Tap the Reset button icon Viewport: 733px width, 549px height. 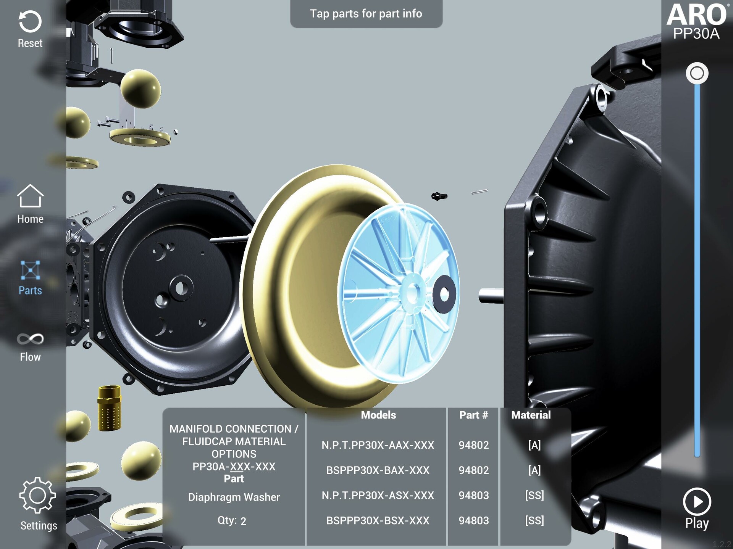point(30,21)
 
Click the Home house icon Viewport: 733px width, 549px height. point(30,196)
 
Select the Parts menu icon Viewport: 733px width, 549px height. point(30,270)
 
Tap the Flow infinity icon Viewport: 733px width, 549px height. point(30,339)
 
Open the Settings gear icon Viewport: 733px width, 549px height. point(37,495)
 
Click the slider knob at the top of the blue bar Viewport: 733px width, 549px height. point(697,73)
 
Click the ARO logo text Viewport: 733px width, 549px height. point(697,14)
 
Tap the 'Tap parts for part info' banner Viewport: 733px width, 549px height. point(366,14)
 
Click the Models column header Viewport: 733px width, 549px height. point(378,415)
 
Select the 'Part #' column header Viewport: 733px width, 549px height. point(473,415)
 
